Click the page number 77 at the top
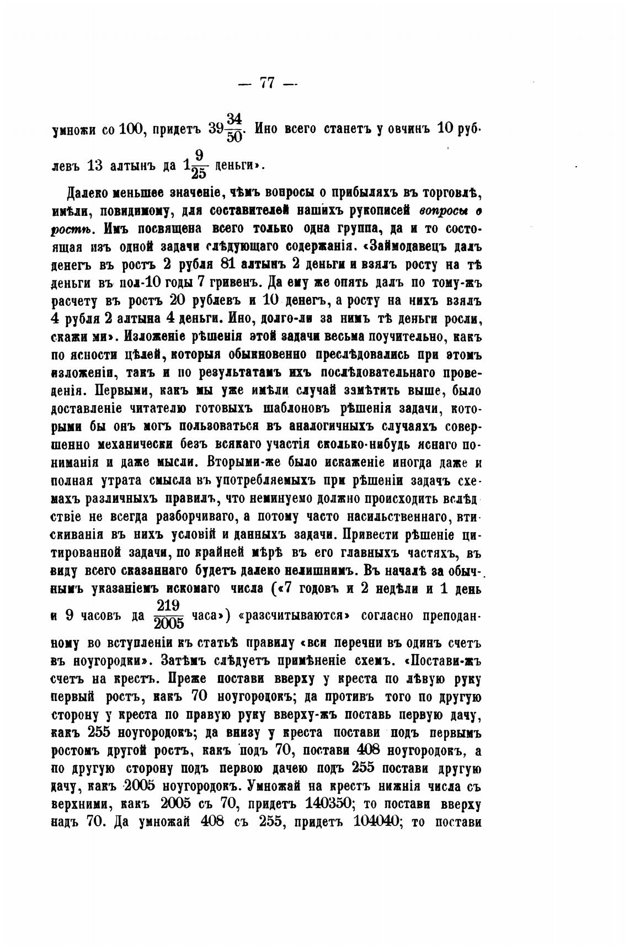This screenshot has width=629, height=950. [x=267, y=83]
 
